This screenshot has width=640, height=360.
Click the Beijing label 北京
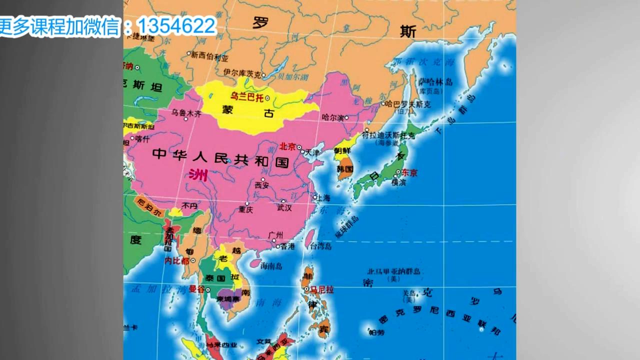(287, 146)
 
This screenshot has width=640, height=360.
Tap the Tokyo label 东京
(409, 172)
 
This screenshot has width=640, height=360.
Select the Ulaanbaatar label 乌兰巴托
(246, 97)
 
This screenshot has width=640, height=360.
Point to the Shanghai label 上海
(323, 198)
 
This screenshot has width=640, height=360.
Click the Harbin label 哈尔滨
(333, 118)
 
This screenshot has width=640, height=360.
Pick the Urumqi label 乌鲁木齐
(186, 113)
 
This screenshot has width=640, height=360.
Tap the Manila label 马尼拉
(322, 289)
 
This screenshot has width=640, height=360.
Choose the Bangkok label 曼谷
(196, 289)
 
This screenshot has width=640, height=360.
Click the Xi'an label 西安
(262, 185)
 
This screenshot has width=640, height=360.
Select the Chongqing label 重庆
(245, 209)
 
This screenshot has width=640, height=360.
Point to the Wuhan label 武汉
(284, 207)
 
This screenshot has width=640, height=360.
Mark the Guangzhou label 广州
(275, 235)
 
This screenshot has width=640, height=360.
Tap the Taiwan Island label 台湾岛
(320, 246)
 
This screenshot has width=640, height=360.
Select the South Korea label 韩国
(345, 169)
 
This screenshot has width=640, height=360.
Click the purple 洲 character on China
(198, 174)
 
